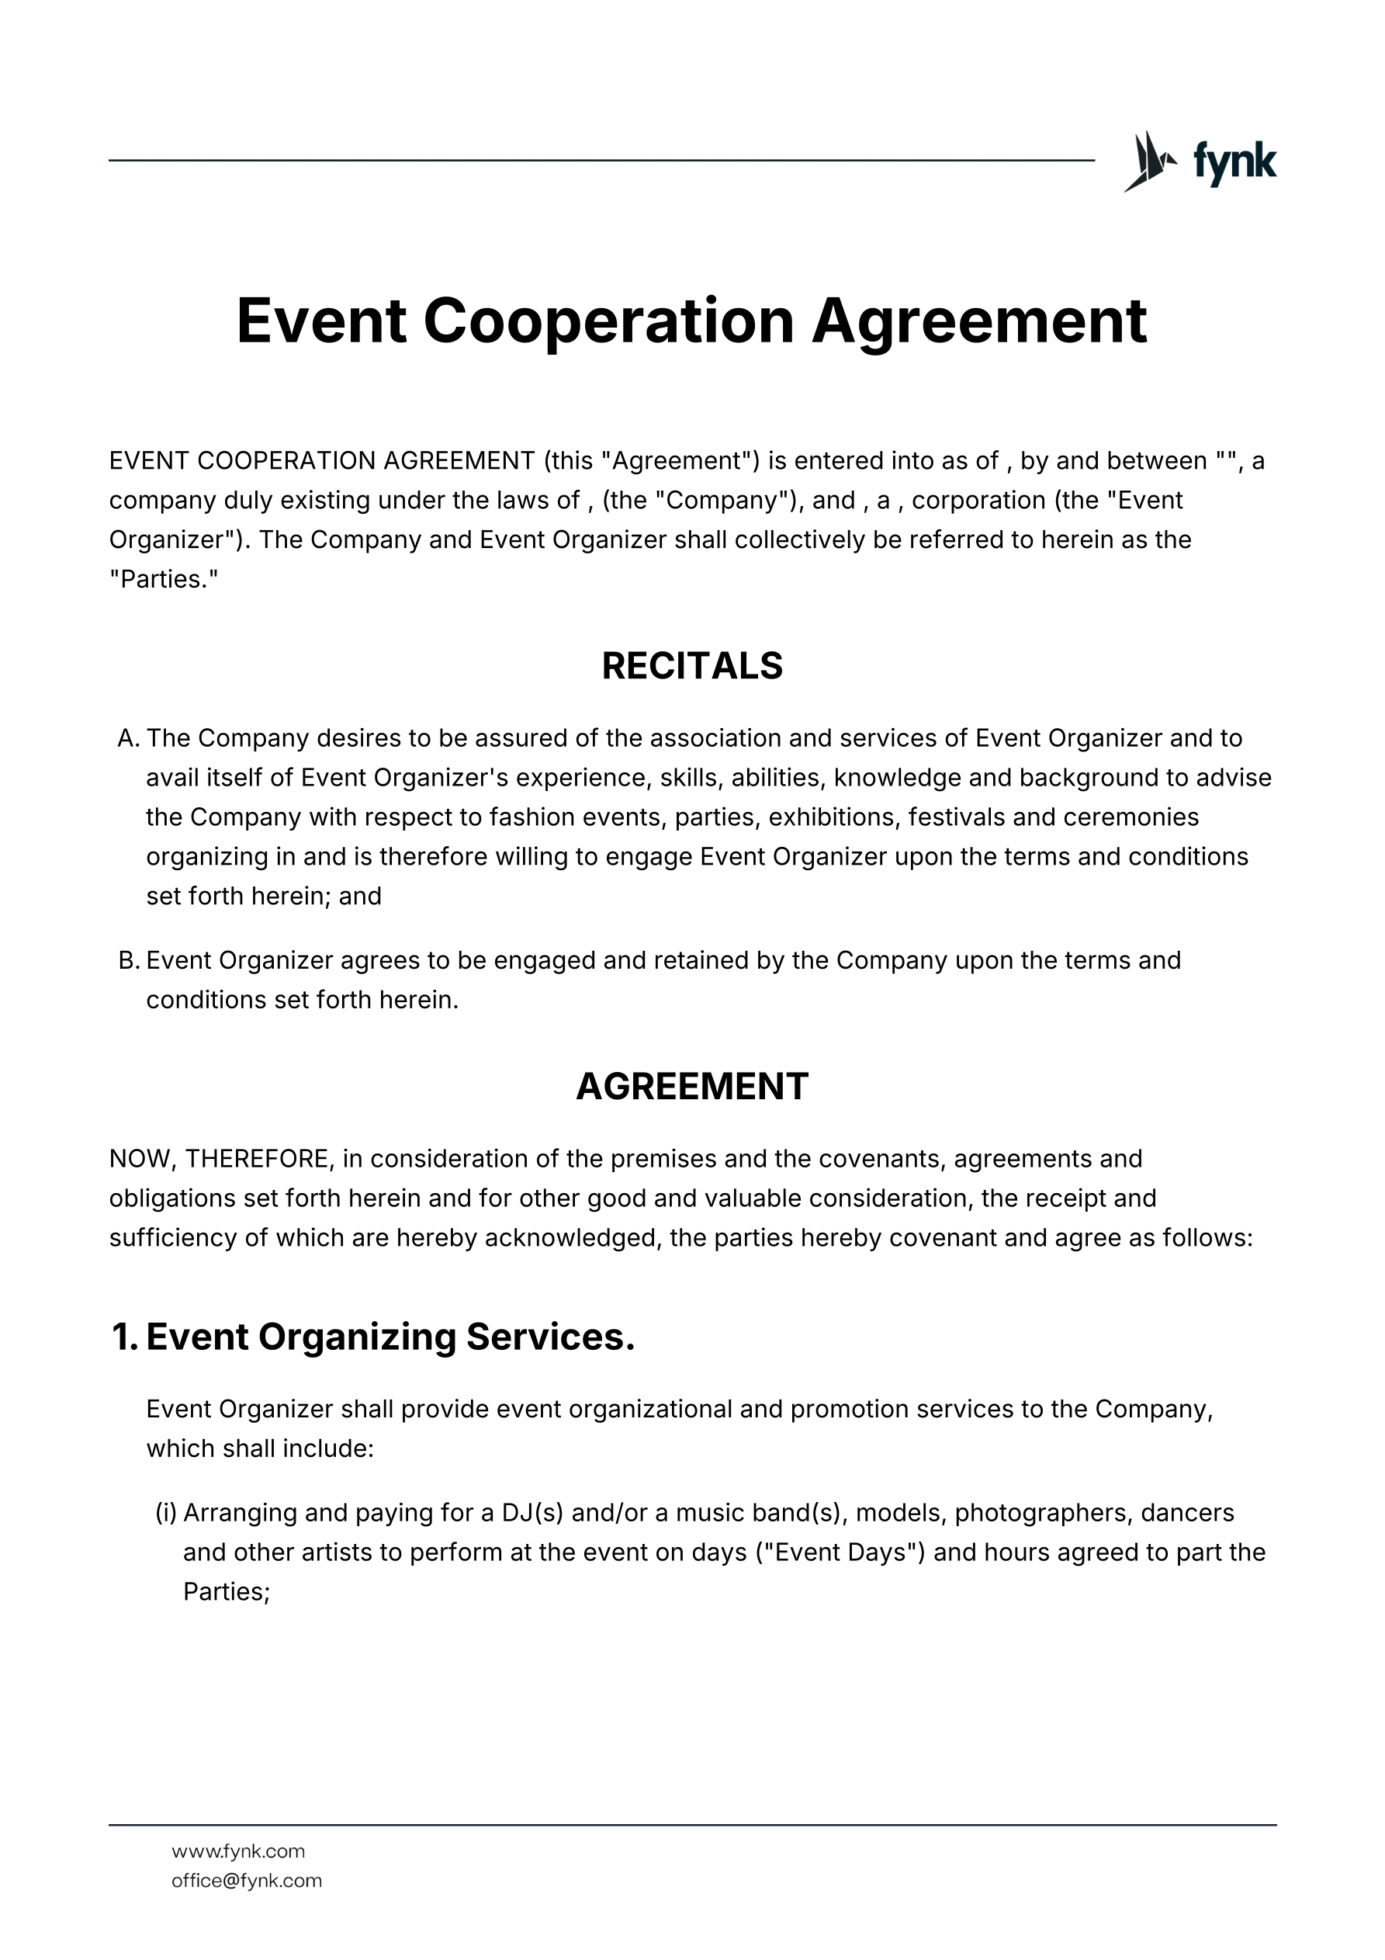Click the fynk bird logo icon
1148,161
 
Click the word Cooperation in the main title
608,321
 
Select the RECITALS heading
692,666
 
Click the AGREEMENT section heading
692,1087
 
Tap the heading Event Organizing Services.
390,1337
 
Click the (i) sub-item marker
165,1513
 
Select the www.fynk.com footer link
238,1851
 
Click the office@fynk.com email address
247,1881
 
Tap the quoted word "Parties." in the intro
164,580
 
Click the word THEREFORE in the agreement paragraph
257,1159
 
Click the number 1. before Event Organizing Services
125,1337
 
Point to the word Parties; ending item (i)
226,1592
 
